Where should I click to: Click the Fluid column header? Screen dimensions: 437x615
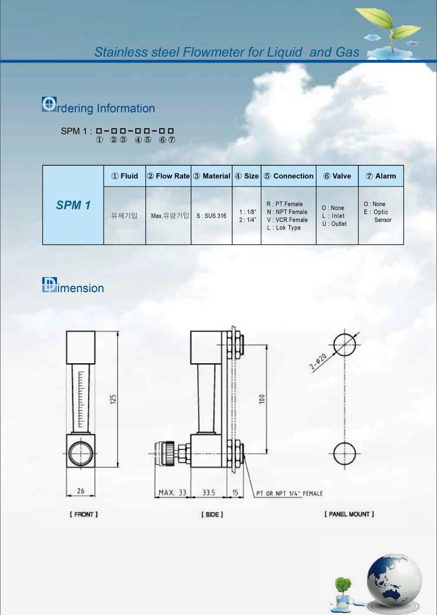tap(124, 176)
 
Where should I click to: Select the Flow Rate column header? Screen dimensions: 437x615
tap(168, 176)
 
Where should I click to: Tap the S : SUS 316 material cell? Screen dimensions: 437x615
tap(212, 216)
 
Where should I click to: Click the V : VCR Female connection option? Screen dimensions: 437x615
tap(287, 220)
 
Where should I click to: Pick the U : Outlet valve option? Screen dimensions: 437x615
tap(334, 224)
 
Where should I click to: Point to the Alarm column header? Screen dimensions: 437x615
tap(381, 176)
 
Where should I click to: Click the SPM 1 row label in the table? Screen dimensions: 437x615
tap(73, 205)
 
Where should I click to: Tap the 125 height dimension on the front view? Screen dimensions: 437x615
tap(113, 399)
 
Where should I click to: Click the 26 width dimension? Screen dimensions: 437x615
tap(81, 491)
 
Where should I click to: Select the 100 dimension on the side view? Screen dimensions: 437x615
tap(262, 399)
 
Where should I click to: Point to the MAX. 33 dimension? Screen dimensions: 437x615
tap(173, 492)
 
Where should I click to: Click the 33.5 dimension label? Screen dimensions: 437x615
tap(209, 492)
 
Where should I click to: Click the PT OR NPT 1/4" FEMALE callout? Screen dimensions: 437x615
tap(289, 493)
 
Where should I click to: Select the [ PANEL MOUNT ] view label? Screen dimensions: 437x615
tap(349, 514)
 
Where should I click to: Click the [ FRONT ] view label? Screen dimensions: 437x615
tap(83, 514)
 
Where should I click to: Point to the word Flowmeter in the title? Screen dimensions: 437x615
tap(213, 52)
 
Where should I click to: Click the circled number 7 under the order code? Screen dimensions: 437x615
tap(171, 140)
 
